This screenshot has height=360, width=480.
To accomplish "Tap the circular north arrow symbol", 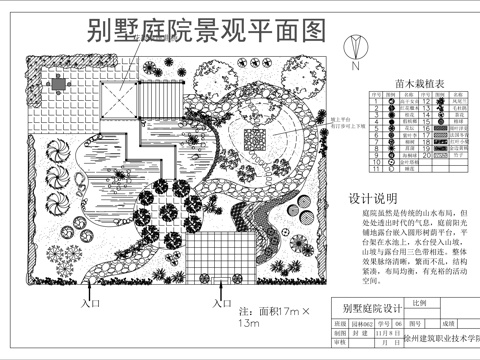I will (354, 45).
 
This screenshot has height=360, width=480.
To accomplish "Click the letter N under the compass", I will (355, 63).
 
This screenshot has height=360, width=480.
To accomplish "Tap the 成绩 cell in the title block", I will (449, 324).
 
